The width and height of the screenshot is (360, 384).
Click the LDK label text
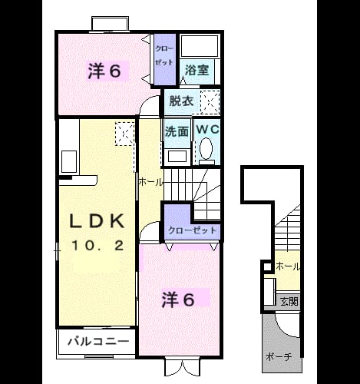coord(97,221)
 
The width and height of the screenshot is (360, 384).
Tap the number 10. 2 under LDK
coord(98,246)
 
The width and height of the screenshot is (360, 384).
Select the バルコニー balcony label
coord(98,341)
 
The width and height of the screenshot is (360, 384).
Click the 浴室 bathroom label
coord(197,70)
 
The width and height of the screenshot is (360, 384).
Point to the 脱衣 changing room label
coord(181,101)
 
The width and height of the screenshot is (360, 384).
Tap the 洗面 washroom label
coord(177,131)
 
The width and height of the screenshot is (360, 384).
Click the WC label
coord(207,129)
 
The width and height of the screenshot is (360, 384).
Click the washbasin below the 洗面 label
coord(177,156)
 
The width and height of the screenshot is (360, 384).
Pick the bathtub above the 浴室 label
coord(199,45)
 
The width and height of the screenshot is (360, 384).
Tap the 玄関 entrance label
coord(289,301)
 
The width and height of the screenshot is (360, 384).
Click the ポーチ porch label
coord(279,356)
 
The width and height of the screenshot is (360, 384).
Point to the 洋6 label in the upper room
coord(104,71)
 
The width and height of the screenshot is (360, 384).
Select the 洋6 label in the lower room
coord(178,300)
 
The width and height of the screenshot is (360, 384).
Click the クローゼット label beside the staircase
coord(192,230)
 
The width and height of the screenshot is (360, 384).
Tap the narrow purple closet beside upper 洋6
coord(165,59)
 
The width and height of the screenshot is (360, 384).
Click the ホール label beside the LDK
coord(150,182)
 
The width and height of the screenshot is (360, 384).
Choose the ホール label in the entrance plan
coord(288,266)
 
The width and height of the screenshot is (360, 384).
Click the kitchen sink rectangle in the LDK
coord(69,162)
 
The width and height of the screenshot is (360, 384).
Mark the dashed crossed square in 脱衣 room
coord(210,102)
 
